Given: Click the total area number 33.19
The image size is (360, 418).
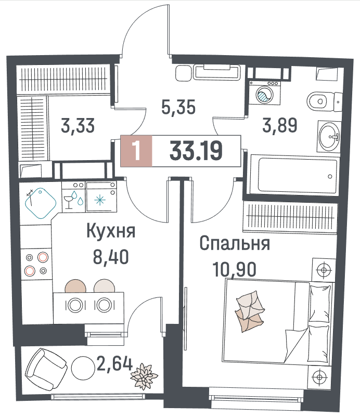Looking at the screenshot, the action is pos(196,151).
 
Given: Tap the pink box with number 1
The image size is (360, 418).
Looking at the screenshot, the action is pos(136,151).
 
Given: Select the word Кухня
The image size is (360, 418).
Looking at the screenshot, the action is pos(111,231).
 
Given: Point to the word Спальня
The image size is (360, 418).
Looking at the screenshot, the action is pos(235,244).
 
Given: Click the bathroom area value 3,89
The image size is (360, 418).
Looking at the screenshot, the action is pos(279,125).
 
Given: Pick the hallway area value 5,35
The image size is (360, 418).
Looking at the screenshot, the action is pos(178,107).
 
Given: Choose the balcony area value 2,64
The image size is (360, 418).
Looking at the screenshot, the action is pos(114,363).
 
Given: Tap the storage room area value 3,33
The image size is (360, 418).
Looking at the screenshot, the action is pos(78,126).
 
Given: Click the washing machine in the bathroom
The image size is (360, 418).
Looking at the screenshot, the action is pos(265,93).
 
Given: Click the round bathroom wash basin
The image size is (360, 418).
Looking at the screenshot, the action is pos(329,137).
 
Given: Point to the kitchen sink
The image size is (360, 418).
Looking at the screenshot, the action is pos(41,203).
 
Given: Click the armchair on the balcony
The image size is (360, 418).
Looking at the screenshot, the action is pos(46,370).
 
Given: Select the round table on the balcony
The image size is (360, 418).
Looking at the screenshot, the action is pos(83,368).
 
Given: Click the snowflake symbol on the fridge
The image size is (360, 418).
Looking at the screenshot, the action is pos(100,200).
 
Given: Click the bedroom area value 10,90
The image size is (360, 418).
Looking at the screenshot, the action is pos(234,269).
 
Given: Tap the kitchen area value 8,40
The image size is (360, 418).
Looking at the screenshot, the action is pos(111,257).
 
